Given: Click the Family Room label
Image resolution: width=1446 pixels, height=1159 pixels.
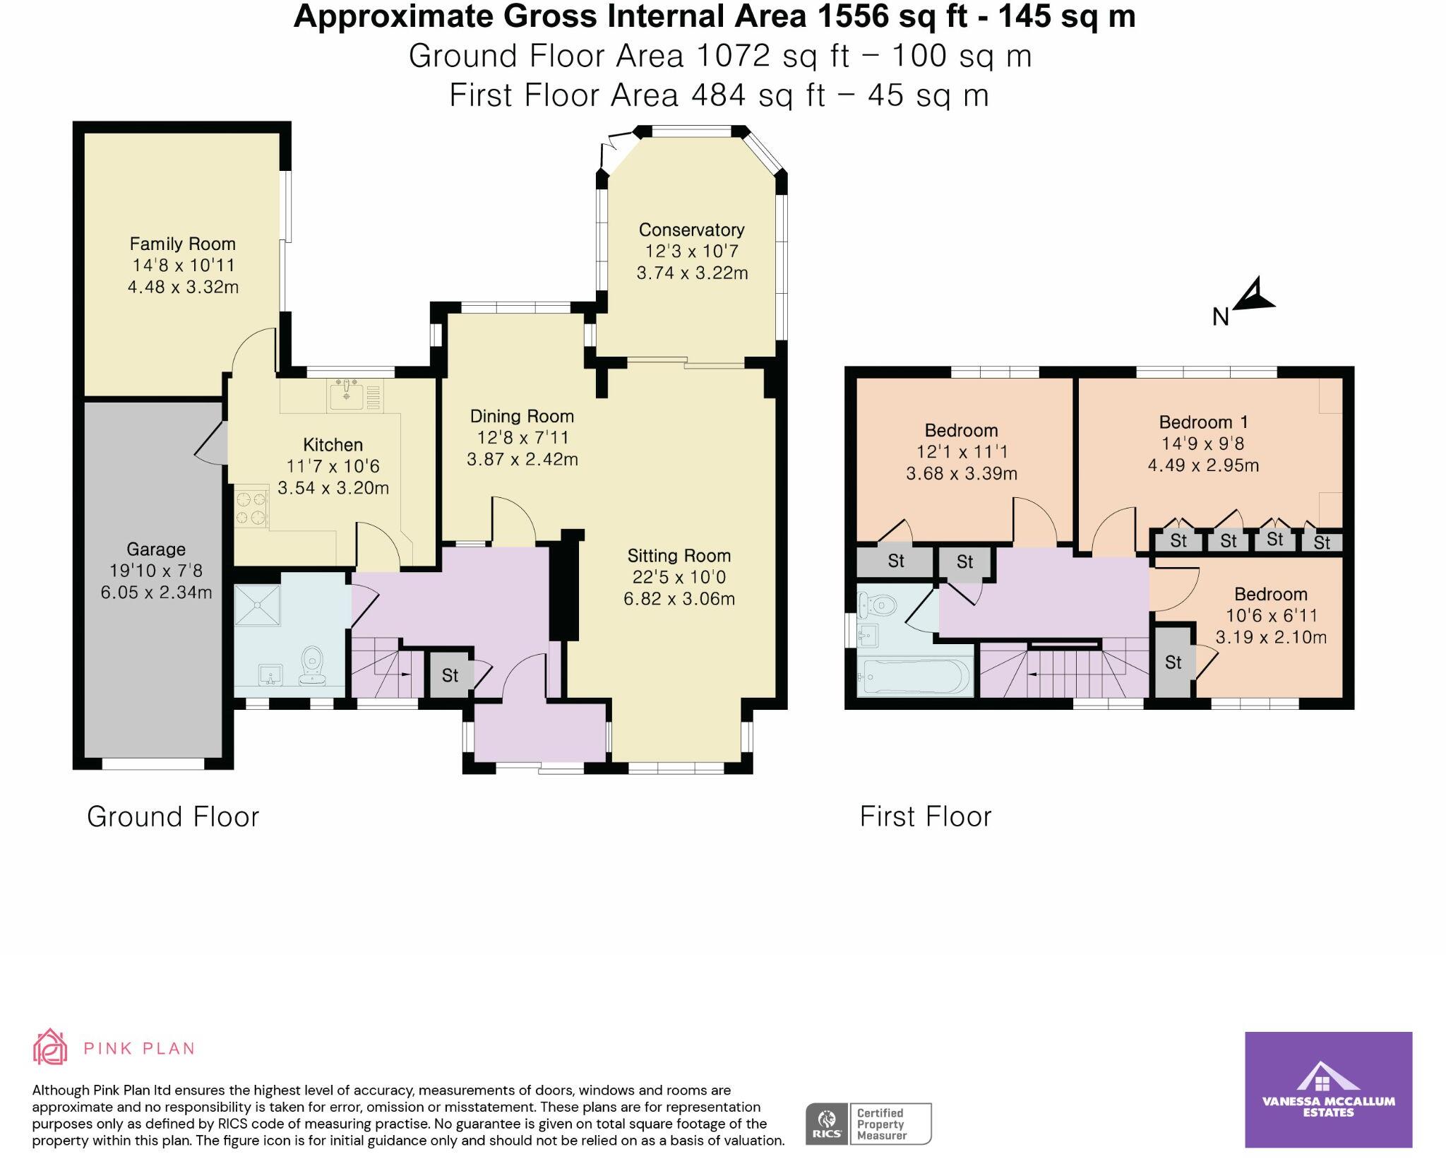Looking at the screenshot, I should coord(182,244).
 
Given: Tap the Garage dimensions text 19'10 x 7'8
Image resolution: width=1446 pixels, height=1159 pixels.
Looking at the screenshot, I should coord(156,571).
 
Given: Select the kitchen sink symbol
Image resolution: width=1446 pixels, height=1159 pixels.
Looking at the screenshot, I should coord(346,394).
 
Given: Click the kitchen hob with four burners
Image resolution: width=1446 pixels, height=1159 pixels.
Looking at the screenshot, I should coord(251,509).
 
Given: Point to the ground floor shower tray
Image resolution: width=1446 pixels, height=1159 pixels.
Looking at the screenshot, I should coord(257,605).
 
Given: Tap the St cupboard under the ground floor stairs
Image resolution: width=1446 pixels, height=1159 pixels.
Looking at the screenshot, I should coord(450,675).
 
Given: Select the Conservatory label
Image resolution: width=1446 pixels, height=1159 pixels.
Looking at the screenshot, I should coord(691,230).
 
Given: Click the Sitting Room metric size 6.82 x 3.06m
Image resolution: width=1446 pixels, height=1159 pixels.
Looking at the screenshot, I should coord(679,600).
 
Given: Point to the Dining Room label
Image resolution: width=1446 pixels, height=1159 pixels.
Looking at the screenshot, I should coord(522,417).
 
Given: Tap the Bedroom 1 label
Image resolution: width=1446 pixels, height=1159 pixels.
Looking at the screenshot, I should coord(1203,422).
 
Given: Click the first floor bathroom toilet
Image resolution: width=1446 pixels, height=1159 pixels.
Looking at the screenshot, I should coord(878,605).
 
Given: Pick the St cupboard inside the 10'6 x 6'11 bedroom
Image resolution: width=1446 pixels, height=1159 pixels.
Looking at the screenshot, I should coord(1173,662).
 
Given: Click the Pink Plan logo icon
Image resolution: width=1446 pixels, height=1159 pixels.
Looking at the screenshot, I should coord(50,1047).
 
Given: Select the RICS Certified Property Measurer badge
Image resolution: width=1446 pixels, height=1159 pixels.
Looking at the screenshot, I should coord(868,1124).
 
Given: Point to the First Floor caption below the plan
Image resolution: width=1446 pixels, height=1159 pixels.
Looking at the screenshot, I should coord(925,817).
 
